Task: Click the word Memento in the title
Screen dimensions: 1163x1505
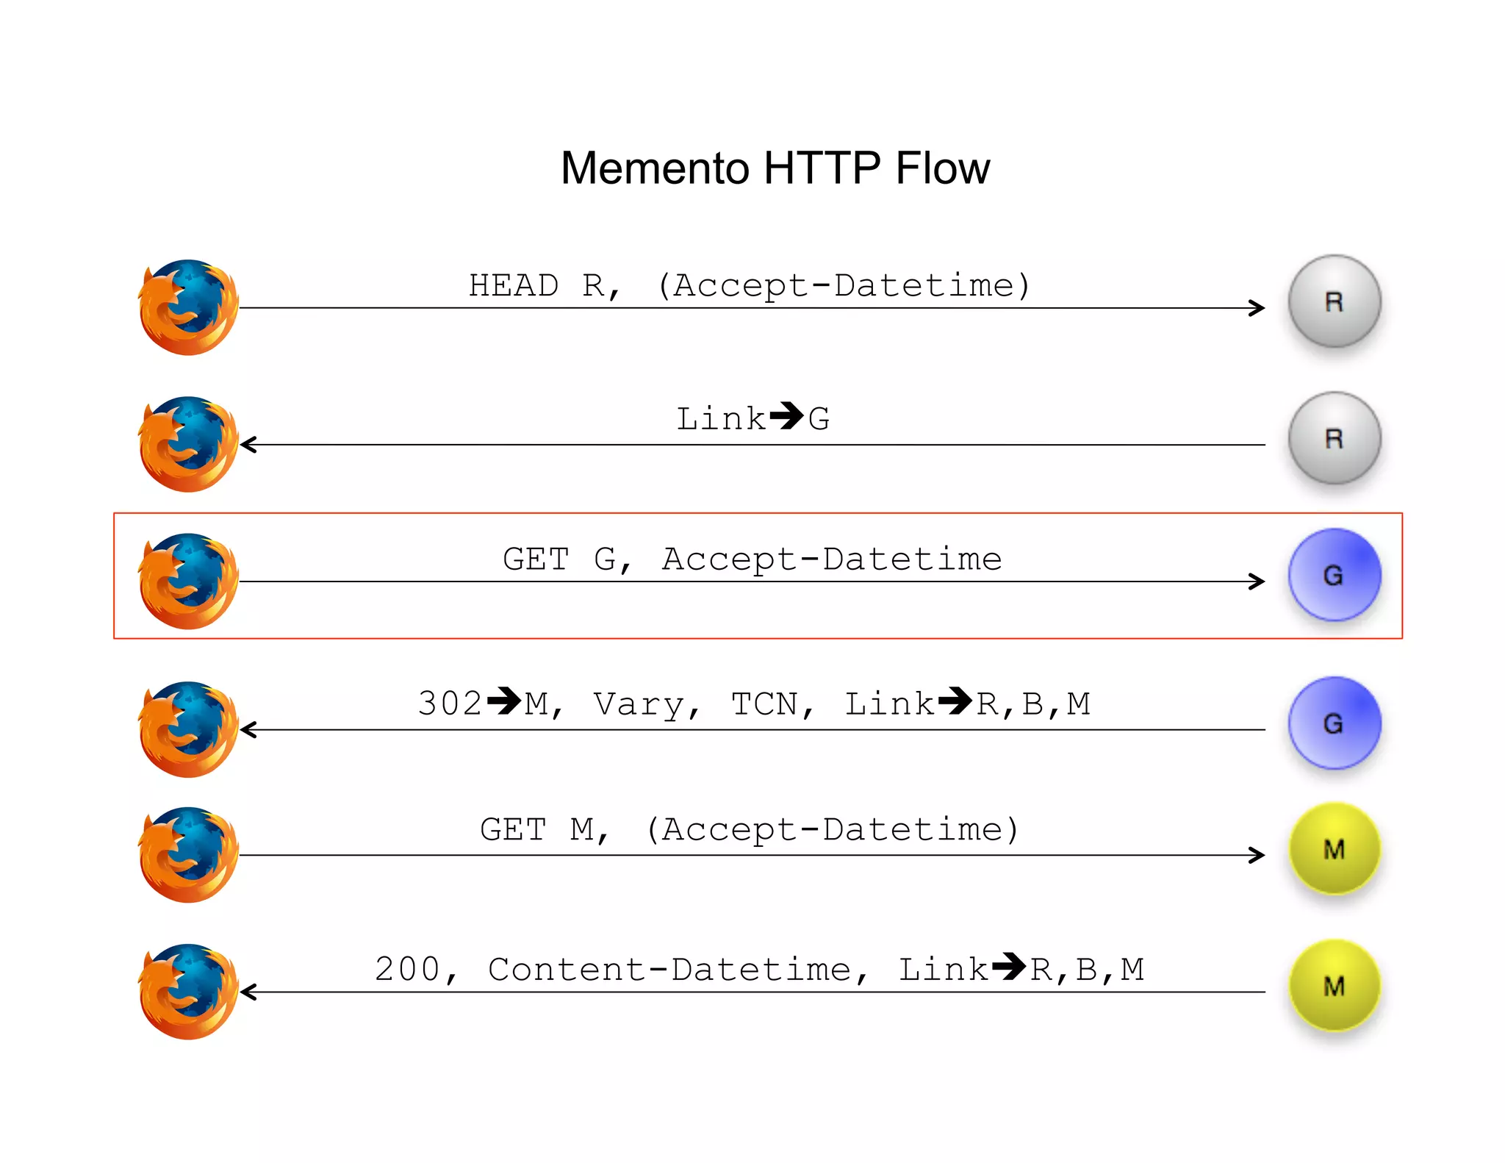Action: click(655, 168)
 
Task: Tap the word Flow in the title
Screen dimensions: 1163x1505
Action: click(942, 168)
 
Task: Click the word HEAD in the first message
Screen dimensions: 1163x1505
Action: click(514, 285)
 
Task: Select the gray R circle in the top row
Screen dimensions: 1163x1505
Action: click(1334, 301)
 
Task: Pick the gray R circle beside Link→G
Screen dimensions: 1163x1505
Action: click(1334, 438)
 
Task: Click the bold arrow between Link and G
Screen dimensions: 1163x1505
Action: click(786, 416)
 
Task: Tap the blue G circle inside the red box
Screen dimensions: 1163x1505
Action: click(1334, 575)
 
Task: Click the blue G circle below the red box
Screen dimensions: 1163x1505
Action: click(1334, 723)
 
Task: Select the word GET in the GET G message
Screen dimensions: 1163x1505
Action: click(536, 559)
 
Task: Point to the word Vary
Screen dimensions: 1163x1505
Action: click(639, 704)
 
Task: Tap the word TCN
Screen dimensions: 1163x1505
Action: click(764, 704)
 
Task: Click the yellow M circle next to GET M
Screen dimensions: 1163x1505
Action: click(1334, 849)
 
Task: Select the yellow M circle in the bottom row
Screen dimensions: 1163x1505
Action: click(1334, 986)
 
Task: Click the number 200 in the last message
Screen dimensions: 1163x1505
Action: click(407, 969)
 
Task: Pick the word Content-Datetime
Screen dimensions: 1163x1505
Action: click(669, 969)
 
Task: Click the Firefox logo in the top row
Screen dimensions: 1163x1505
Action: click(189, 307)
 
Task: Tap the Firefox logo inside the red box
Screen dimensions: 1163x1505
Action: click(189, 581)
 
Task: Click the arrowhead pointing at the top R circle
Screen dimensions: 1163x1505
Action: click(1257, 308)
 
